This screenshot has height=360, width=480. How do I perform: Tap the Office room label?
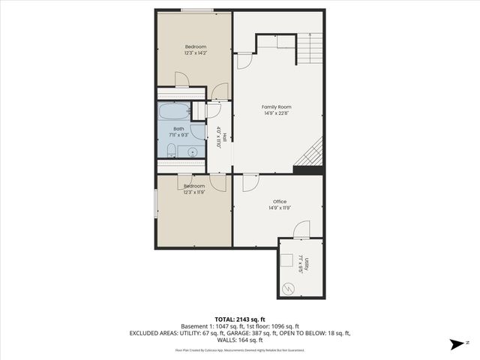279,201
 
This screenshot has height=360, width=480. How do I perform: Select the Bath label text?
178,128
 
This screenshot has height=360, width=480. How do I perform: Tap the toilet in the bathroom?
172,153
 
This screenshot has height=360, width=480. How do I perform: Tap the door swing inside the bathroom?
198,132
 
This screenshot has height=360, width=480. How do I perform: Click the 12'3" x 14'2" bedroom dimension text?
195,53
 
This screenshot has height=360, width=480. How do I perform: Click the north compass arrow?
455,344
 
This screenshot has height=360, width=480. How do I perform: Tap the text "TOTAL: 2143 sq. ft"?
239,319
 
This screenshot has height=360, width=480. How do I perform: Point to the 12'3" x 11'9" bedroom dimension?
195,193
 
